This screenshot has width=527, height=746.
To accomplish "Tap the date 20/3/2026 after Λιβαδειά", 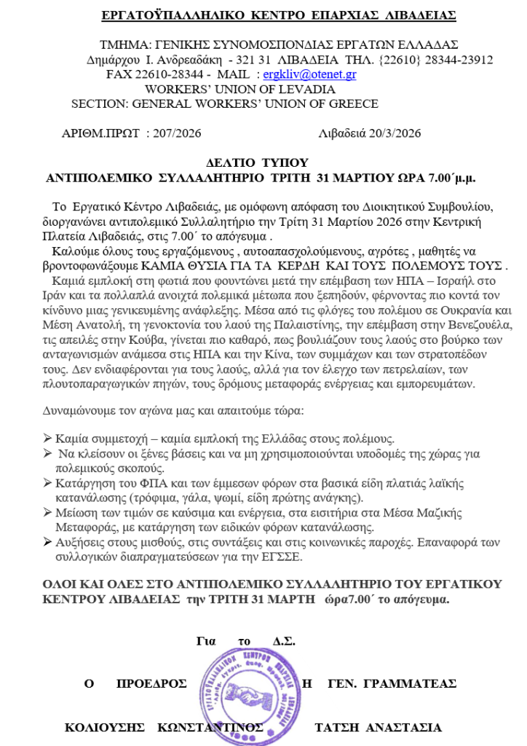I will coord(393,133).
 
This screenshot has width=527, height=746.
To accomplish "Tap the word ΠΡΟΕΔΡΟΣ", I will coord(151,683).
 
